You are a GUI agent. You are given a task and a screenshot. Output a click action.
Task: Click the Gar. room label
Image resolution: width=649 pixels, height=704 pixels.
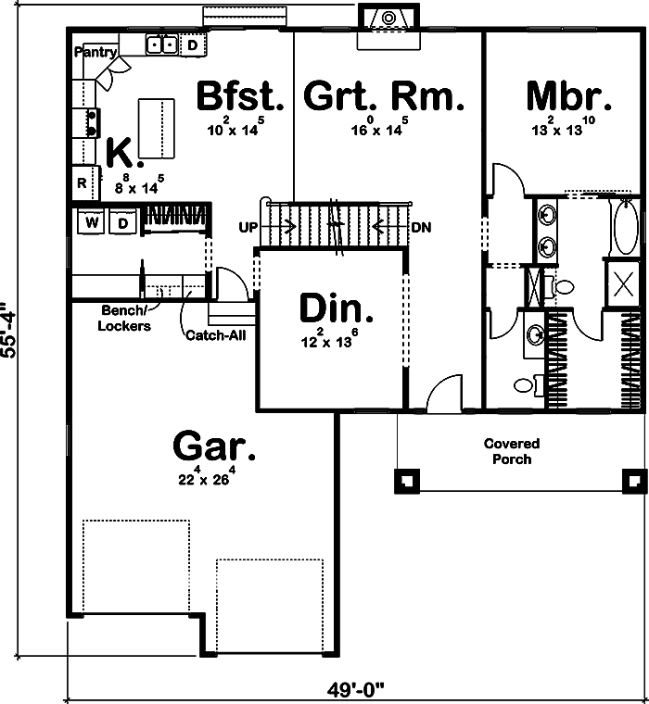214,447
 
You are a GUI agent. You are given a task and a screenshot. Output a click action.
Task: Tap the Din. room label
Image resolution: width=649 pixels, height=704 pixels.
337,308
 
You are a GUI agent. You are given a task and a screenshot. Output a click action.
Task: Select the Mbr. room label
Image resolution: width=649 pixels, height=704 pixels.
568,96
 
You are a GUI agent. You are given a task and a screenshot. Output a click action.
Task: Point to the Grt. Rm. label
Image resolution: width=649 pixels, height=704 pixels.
384,96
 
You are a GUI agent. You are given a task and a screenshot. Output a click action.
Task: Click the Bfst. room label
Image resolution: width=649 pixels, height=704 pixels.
239,96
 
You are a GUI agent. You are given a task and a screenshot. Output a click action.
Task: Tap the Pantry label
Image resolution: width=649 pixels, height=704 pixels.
95,52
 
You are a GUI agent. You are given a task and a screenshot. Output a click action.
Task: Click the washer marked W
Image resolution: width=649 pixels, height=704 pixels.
92,222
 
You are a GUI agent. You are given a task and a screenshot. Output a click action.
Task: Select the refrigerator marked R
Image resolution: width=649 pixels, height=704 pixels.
83,183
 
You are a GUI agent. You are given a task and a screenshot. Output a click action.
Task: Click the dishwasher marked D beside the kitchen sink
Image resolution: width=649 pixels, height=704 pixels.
193,44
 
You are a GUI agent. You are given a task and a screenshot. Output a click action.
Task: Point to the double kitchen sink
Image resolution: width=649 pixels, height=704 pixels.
163,44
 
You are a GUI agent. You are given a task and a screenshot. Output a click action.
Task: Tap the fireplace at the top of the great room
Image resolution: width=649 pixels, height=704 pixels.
389,18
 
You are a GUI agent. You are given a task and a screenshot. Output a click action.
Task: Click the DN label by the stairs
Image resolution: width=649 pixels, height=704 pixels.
421,227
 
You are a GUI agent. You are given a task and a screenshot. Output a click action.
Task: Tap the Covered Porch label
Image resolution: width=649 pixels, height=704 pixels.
511,451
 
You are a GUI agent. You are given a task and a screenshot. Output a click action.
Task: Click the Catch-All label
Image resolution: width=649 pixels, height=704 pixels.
216,334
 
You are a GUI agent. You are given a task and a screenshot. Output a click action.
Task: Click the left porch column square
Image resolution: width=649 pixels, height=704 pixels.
407,480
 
